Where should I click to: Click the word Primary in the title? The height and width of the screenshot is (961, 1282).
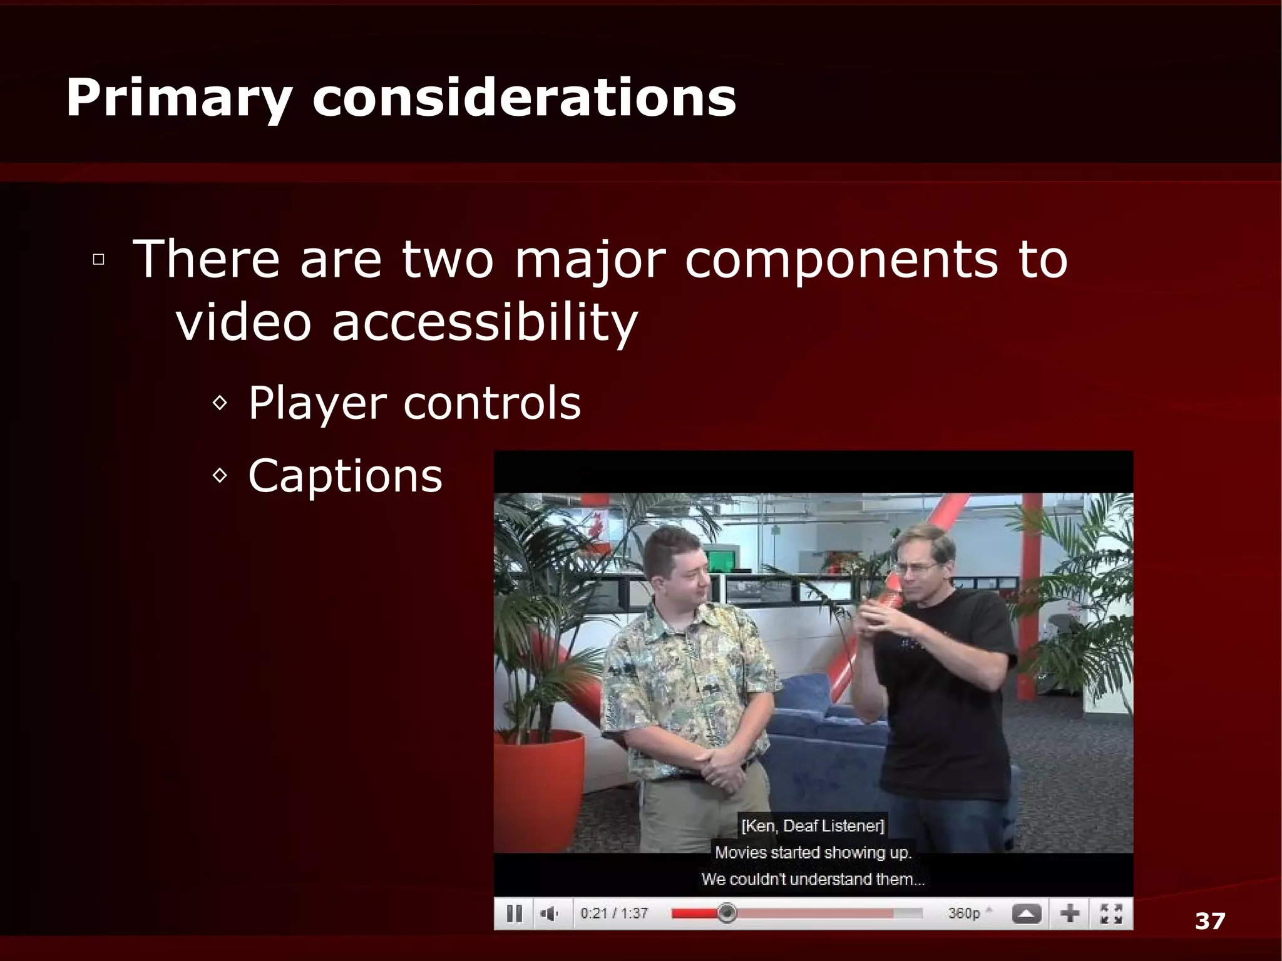coord(179,99)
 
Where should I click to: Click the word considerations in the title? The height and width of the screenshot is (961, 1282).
coord(524,98)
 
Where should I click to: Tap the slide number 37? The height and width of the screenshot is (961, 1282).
coord(1209,921)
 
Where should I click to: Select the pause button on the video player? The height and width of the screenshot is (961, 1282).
coord(514,913)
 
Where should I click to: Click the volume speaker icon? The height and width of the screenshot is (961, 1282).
coord(549,914)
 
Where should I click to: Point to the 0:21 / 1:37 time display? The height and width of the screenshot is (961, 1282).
coord(613,913)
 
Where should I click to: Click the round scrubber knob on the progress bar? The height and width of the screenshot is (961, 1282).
coord(726,913)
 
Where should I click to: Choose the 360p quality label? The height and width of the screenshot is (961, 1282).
coord(963,913)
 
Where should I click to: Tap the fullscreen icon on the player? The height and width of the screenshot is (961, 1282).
coord(1110,914)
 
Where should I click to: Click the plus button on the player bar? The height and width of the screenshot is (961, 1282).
coord(1070,914)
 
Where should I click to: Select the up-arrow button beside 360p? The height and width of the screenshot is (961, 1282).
coord(1026,914)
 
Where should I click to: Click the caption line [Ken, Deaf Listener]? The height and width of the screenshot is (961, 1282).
coord(813,826)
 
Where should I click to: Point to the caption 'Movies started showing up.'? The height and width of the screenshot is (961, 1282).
coord(813,853)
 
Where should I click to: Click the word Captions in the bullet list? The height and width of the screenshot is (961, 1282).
coord(345,476)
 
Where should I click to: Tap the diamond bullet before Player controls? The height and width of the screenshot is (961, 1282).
coord(220,403)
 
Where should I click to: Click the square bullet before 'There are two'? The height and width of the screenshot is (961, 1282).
coord(98,259)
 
